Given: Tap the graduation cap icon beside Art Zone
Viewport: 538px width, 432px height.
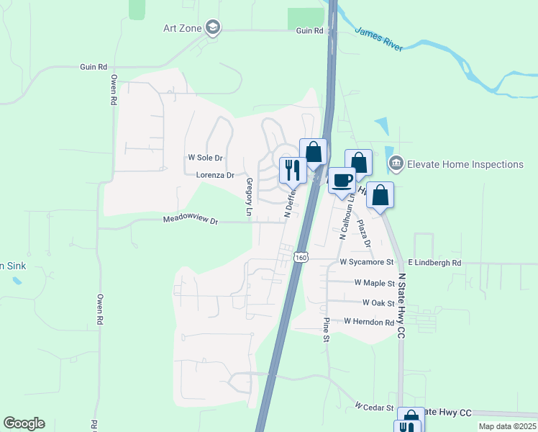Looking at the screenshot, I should pyautogui.click(x=212, y=28).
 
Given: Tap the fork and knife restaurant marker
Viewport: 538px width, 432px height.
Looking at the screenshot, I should pyautogui.click(x=293, y=171).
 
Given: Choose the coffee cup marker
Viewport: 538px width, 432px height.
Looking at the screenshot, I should pyautogui.click(x=342, y=181).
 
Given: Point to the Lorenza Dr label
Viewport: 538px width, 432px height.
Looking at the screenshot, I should pyautogui.click(x=215, y=175).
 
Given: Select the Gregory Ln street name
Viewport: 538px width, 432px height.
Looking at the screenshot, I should pyautogui.click(x=250, y=197).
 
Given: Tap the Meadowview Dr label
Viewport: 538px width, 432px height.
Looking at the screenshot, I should pyautogui.click(x=190, y=220).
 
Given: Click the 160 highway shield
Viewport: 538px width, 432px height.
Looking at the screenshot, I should pyautogui.click(x=301, y=256).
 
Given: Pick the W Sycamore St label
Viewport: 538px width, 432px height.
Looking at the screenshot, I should pyautogui.click(x=367, y=262).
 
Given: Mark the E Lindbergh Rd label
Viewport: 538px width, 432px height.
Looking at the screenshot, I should pyautogui.click(x=434, y=263).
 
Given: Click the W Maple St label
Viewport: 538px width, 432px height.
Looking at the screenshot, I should pyautogui.click(x=375, y=283).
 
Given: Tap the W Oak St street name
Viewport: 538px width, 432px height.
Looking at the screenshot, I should pyautogui.click(x=378, y=303).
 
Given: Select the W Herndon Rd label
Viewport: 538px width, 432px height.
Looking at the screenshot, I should pyautogui.click(x=370, y=322).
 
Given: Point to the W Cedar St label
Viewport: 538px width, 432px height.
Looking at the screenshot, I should pyautogui.click(x=374, y=407).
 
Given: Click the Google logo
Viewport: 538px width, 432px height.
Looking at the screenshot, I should pyautogui.click(x=24, y=423).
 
